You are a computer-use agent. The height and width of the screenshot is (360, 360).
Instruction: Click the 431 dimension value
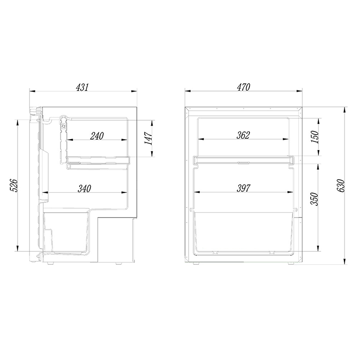(x=82, y=87)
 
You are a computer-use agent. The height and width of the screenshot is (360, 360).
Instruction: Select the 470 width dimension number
(x=244, y=87)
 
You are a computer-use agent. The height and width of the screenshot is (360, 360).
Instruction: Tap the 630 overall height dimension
(x=341, y=186)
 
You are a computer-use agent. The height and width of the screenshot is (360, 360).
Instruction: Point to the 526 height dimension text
(x=13, y=186)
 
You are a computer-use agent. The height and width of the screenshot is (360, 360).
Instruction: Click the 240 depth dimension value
(x=97, y=136)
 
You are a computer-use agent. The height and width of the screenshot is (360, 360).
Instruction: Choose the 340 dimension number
(x=85, y=188)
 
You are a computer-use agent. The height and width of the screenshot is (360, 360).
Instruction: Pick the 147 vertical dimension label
(x=148, y=138)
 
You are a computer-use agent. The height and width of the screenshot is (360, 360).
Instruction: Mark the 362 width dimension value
(x=243, y=135)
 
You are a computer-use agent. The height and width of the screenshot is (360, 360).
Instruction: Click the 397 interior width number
(x=243, y=188)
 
